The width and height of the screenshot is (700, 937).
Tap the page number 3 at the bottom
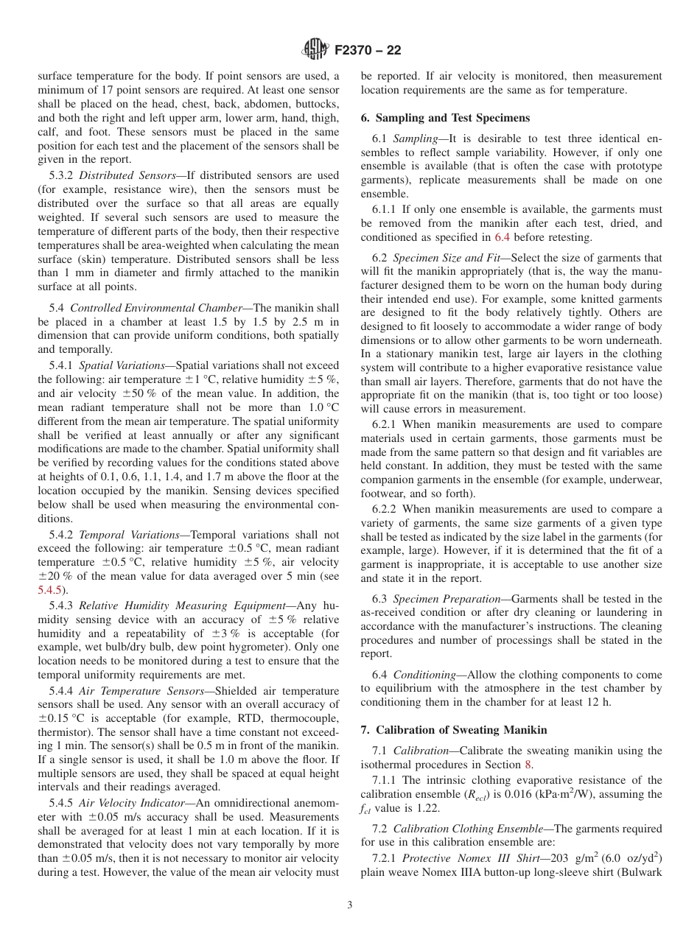tap(350, 905)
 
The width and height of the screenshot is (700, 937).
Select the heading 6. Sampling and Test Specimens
tap(445, 118)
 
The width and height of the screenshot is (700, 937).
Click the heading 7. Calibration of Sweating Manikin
tap(454, 729)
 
